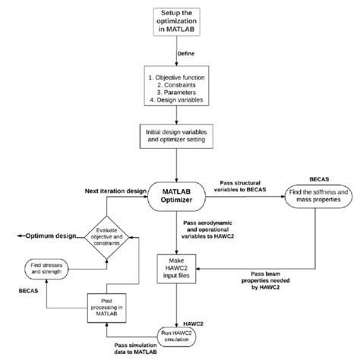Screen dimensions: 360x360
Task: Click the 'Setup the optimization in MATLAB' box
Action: tap(180, 22)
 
